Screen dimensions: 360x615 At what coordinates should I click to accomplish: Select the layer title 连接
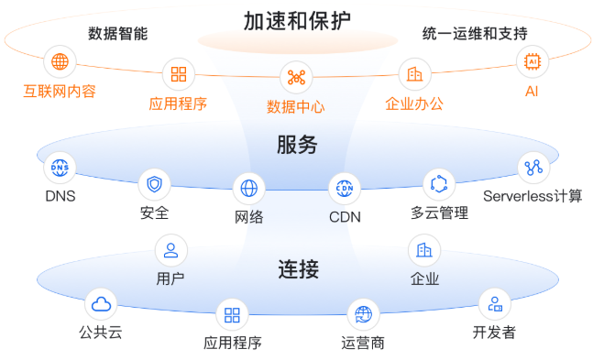(x=298, y=268)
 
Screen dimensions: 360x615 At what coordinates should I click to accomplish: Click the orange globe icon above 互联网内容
(x=60, y=62)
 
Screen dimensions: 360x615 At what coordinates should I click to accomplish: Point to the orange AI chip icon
(x=532, y=62)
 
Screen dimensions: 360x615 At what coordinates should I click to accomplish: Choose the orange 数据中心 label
(x=295, y=106)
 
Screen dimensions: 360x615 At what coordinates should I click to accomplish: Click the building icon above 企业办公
(x=414, y=73)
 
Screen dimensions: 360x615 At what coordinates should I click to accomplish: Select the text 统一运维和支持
(x=474, y=34)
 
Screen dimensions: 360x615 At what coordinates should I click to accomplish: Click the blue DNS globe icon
(x=60, y=168)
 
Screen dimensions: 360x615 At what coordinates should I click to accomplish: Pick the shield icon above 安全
(x=154, y=185)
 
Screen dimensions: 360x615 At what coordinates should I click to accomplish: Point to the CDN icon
(x=345, y=189)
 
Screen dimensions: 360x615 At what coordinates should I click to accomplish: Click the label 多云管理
(x=439, y=213)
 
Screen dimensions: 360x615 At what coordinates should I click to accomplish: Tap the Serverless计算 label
(x=533, y=195)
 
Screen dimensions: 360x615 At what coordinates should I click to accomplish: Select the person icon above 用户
(x=170, y=249)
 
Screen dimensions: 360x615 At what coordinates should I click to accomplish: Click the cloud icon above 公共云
(x=100, y=304)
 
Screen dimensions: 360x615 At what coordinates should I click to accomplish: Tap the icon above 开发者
(x=494, y=304)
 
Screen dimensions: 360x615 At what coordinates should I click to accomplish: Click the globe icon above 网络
(x=248, y=189)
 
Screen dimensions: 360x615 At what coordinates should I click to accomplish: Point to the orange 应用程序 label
(x=178, y=104)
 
